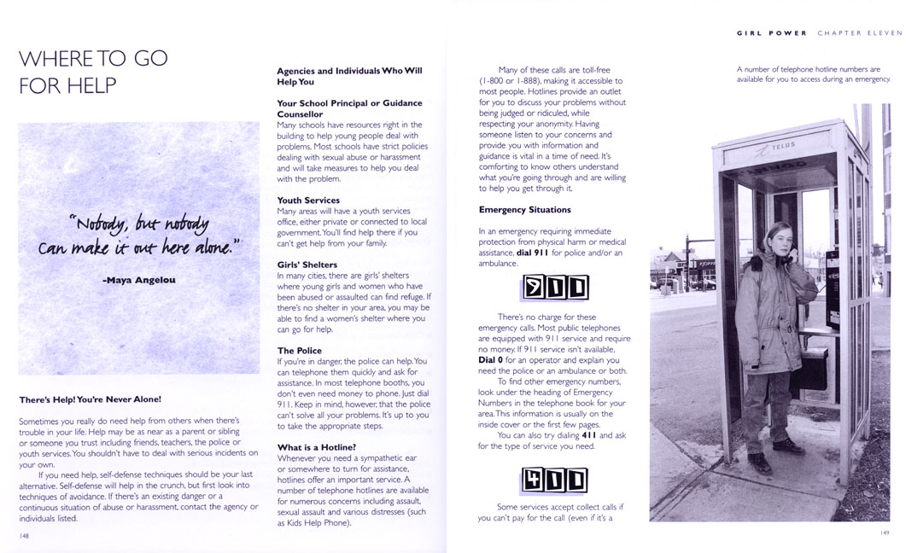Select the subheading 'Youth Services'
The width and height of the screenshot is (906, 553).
point(308,201)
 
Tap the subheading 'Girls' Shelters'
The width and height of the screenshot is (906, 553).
point(307,265)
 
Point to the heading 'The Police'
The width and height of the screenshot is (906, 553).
point(299,351)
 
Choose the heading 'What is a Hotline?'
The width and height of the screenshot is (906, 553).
point(316,447)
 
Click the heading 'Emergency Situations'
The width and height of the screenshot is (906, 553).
point(524,210)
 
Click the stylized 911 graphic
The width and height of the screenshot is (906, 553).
point(554,288)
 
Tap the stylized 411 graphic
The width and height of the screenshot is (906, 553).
point(554,480)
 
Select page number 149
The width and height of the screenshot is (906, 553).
point(885,533)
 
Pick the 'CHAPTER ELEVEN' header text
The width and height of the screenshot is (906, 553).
point(857,33)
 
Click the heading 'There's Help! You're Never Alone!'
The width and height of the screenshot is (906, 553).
point(90,399)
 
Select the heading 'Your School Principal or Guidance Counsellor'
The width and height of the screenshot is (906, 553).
point(349,108)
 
